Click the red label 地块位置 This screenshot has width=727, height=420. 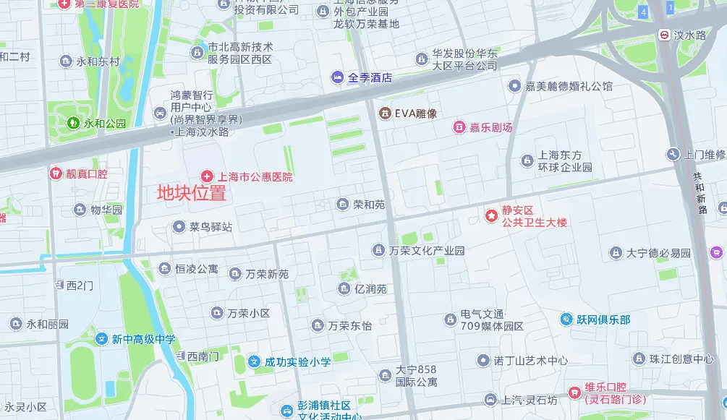coord(192,193)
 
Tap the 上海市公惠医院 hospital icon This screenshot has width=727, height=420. coord(207,176)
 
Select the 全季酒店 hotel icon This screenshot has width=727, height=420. coord(338,77)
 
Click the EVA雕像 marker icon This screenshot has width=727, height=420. coord(385,113)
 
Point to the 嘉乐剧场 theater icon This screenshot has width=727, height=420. coord(459,127)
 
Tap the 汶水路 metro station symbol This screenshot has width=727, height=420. coord(663,35)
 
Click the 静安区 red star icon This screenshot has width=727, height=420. coord(491,215)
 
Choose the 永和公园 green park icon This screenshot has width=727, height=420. coord(73,124)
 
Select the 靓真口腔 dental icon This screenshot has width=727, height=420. coord(55,173)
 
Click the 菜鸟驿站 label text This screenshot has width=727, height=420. coord(211,227)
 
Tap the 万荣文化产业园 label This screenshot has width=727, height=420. coord(427,251)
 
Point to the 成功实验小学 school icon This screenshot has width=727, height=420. coord(254,361)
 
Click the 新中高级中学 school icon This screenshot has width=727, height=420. coord(102,338)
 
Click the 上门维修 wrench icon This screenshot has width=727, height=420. coord(673,154)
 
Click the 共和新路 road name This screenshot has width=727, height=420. coord(700,193)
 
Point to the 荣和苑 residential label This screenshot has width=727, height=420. coord(369,205)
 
